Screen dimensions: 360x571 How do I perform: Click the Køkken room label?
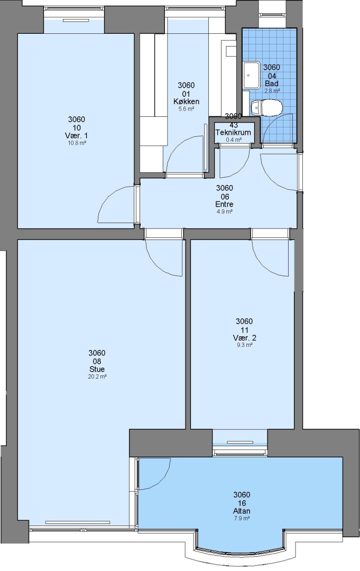click(186, 101)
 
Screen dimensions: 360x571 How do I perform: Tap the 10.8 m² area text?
click(77, 143)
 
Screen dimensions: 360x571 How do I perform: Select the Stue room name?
click(97, 369)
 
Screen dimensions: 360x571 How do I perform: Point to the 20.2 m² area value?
click(97, 377)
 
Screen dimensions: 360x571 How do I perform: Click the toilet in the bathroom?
click(267, 107)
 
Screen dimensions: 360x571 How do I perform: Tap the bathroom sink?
click(251, 75)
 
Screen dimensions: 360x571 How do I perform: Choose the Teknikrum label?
click(233, 132)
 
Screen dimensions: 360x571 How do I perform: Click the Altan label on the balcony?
click(242, 511)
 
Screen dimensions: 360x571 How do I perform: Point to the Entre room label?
click(224, 204)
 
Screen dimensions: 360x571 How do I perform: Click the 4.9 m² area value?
click(224, 211)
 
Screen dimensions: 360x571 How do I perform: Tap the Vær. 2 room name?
click(244, 337)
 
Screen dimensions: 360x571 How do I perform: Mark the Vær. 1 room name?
click(77, 135)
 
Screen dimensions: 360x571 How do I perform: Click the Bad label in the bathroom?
click(272, 84)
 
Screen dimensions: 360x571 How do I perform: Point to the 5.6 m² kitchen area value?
click(186, 109)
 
